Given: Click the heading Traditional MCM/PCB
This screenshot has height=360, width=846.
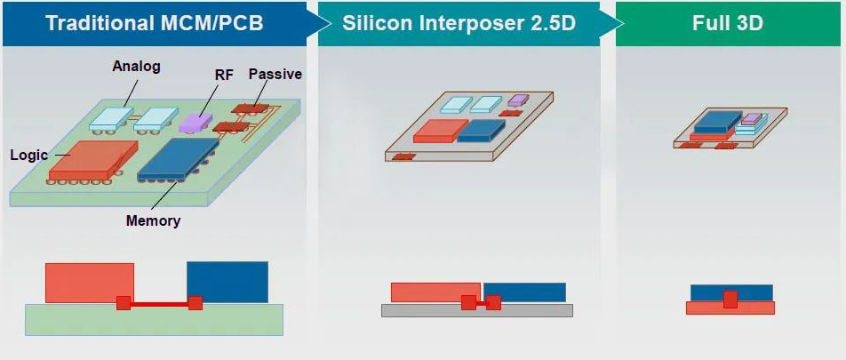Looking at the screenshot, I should (x=154, y=22).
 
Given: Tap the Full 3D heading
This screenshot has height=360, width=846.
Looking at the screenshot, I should (x=727, y=22).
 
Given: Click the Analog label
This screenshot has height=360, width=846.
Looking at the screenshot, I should (x=135, y=67).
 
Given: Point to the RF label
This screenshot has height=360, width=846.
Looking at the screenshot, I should (x=224, y=76).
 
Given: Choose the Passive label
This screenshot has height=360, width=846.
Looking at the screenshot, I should (x=275, y=74).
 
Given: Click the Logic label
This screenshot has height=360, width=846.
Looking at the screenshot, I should (x=28, y=155).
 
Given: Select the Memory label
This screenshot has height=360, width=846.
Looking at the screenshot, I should (x=153, y=220).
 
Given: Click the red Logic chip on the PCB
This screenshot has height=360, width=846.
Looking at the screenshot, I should (x=89, y=157).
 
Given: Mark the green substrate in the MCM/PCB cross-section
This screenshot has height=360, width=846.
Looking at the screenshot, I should (x=154, y=322).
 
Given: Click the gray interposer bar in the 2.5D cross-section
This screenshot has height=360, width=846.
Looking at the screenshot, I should (x=477, y=311).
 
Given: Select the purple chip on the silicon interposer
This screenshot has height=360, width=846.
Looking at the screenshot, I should (x=518, y=100).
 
